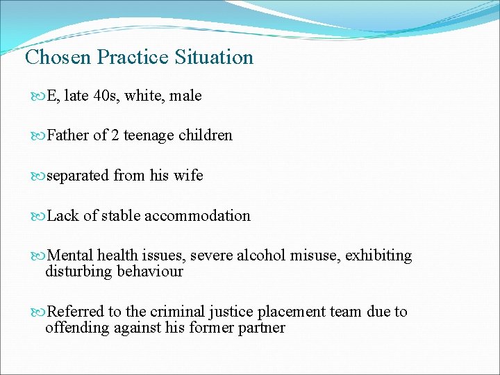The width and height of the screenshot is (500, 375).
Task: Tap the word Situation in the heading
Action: click(x=215, y=57)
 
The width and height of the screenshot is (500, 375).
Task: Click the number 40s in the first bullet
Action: click(x=106, y=96)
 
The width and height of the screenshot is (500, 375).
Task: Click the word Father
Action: click(x=68, y=135)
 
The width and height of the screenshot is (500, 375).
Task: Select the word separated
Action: click(x=78, y=176)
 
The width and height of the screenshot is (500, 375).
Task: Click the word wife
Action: click(x=189, y=176)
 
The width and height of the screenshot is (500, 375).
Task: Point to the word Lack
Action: click(x=63, y=216)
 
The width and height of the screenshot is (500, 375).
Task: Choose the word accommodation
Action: click(x=197, y=216)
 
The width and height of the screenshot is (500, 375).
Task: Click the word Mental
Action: click(x=71, y=256)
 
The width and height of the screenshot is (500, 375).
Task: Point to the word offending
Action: click(x=74, y=327)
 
